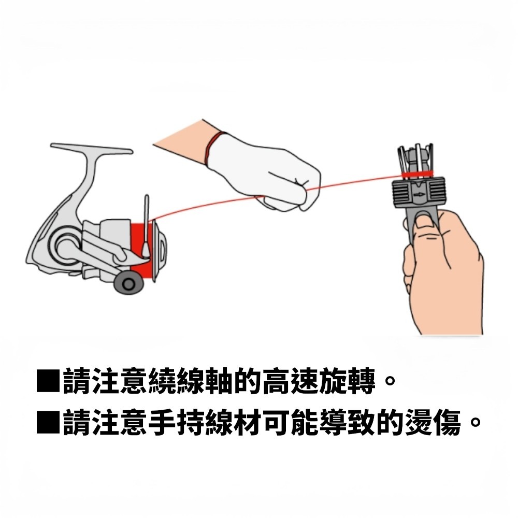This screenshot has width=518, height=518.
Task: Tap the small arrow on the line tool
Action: coord(419,195)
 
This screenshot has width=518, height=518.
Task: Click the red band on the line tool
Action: coord(418,174)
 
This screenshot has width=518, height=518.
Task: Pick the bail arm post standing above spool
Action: coord(147,223)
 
